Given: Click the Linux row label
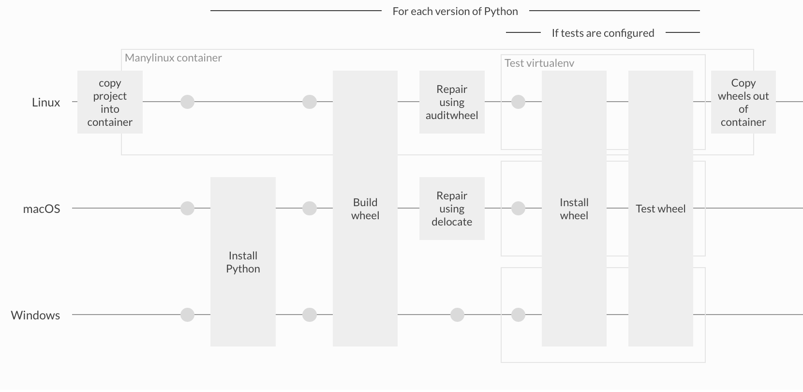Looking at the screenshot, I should click(46, 102).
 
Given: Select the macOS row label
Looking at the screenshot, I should click(42, 209).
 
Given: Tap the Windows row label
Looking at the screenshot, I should click(35, 315).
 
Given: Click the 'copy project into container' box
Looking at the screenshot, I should click(110, 102).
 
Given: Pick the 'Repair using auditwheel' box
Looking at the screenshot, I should click(452, 102).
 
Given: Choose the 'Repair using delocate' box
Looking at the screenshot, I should click(452, 209).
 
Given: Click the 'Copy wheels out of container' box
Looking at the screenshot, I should click(743, 102).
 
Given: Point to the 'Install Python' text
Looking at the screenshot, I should click(243, 262).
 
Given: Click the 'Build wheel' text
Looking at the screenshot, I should click(365, 209).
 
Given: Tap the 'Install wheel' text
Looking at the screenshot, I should click(574, 209).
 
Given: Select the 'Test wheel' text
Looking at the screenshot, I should click(660, 209).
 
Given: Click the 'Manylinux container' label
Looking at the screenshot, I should click(173, 58).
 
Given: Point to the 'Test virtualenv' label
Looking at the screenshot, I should click(539, 63).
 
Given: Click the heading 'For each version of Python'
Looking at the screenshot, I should click(455, 11).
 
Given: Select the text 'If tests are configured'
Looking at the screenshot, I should click(603, 33).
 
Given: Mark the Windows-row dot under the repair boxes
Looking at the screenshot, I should click(457, 315).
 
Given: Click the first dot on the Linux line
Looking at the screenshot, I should click(187, 102).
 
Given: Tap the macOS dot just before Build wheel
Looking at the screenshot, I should click(310, 209).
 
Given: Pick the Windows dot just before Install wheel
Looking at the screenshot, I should click(518, 315).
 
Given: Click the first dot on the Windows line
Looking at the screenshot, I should click(187, 315).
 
